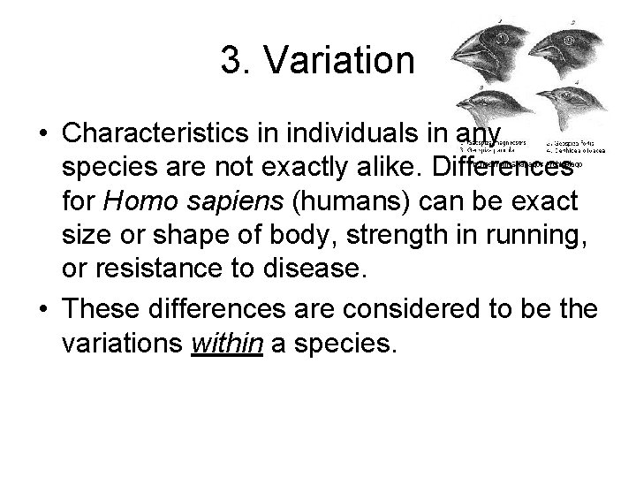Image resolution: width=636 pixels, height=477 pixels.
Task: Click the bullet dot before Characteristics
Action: click(42, 135)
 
